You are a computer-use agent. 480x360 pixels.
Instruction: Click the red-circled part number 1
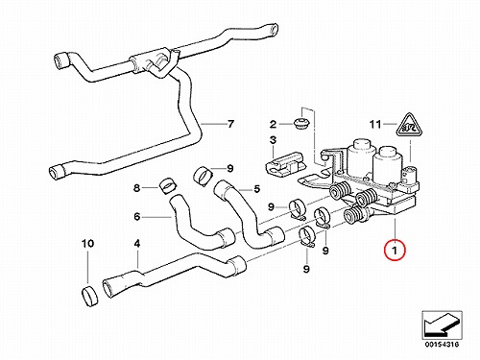395,250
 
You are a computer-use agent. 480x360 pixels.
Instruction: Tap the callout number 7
230,124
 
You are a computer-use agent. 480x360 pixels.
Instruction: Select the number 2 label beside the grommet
273,124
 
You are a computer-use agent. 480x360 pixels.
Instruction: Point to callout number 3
273,140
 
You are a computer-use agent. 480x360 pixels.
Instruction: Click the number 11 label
375,124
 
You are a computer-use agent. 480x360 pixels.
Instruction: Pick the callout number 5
257,189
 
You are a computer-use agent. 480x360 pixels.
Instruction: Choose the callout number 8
136,188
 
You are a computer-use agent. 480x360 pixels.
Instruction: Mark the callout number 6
137,217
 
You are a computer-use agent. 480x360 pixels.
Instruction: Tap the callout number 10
87,244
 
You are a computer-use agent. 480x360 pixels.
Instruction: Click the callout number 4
137,244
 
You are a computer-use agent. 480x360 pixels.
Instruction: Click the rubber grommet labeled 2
301,123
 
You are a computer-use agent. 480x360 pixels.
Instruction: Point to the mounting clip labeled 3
284,164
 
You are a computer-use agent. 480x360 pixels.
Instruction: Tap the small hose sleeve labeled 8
167,185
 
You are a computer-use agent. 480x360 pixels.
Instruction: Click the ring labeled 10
90,297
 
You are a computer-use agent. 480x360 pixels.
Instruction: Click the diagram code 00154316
442,345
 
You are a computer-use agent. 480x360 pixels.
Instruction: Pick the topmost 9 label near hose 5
230,168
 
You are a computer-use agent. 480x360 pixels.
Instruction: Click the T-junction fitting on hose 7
153,61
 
